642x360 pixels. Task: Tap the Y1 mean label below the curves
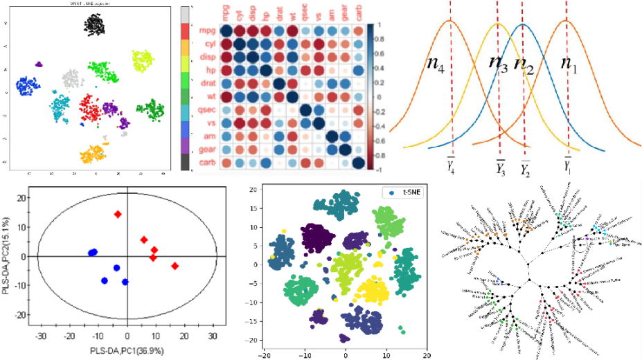[567, 167]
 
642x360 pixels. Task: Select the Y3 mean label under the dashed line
[501, 167]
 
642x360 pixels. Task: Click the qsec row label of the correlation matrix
[206, 109]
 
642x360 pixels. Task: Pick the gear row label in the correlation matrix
[205, 150]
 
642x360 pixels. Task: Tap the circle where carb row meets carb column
[358, 163]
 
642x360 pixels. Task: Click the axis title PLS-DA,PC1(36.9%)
[127, 352]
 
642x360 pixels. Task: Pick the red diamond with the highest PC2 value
[118, 215]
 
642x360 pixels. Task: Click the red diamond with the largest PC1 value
[175, 266]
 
